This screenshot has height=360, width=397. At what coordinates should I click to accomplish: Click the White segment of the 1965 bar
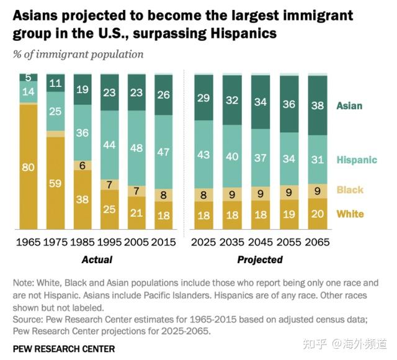click(28, 166)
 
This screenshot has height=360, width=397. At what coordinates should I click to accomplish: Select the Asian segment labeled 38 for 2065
click(318, 106)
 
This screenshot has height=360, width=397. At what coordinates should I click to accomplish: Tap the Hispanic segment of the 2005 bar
click(137, 148)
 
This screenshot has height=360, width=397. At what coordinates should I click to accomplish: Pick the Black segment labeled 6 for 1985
click(83, 165)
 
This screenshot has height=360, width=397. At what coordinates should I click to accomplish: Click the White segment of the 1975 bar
click(55, 183)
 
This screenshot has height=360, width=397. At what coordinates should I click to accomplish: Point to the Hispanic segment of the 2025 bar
click(203, 154)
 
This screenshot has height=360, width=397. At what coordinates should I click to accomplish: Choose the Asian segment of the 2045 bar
click(260, 102)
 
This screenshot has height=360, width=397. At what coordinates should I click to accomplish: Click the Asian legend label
click(349, 106)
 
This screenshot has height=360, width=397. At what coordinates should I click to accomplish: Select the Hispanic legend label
click(356, 160)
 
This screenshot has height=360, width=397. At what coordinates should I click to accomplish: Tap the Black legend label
click(350, 190)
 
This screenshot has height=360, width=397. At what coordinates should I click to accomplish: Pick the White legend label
click(350, 214)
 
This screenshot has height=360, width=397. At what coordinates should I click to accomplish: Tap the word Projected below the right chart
click(260, 259)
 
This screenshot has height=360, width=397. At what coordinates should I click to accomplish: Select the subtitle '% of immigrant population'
click(78, 54)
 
